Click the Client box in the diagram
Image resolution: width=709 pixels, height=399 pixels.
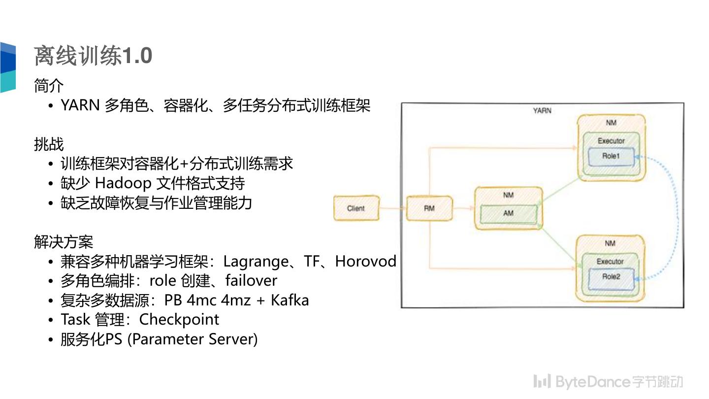(356, 208)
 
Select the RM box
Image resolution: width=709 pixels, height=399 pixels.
(429, 208)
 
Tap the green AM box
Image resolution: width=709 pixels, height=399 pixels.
(509, 213)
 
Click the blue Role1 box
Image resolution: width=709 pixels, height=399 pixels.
(611, 157)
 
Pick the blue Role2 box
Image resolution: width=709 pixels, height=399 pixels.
(611, 277)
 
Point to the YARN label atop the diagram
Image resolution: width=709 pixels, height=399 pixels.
(542, 110)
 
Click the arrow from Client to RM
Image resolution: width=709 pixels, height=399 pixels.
(392, 208)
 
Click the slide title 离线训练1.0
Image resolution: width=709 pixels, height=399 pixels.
(93, 56)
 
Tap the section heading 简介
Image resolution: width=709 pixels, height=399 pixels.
(49, 86)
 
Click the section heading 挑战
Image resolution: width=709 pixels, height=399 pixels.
(49, 144)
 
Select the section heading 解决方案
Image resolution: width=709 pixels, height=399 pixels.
(64, 241)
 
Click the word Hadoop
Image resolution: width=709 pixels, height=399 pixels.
(123, 183)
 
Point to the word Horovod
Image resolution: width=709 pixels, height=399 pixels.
(365, 261)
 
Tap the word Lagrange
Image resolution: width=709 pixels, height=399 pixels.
(256, 261)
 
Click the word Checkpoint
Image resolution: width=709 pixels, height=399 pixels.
(179, 319)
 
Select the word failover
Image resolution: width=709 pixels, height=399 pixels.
(251, 280)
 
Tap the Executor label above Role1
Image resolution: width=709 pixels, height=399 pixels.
(611, 141)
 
